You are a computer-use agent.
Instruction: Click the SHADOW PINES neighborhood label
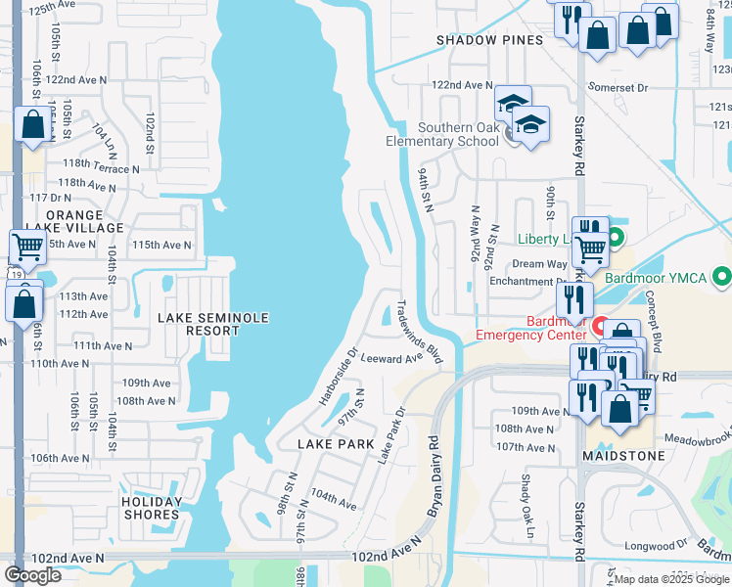point(489,40)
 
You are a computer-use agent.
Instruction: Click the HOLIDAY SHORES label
point(152,508)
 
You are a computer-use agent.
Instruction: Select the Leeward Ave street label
point(391,359)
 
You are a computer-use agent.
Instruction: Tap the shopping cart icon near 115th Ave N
point(26,248)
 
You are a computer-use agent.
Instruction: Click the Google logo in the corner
point(33,575)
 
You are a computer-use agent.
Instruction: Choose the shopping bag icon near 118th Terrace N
point(32,125)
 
